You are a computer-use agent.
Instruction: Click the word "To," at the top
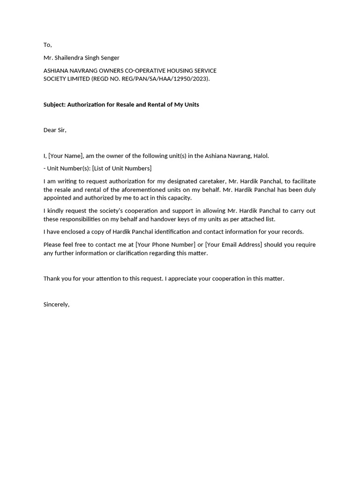pos(47,45)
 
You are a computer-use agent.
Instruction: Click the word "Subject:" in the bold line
pos(54,105)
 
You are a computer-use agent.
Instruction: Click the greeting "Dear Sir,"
pos(55,130)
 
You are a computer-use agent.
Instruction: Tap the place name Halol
pos(261,156)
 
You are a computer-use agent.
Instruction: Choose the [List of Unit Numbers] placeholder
pos(122,168)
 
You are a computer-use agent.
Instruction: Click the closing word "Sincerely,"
pos(56,304)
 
